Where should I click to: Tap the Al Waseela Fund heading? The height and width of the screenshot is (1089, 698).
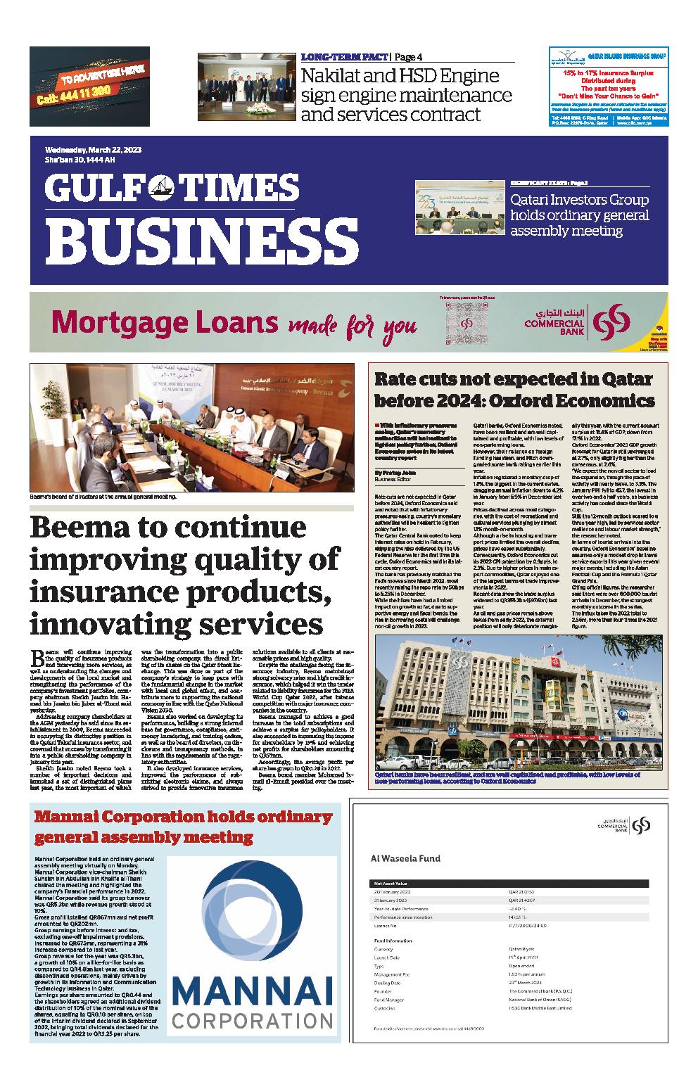tap(405, 858)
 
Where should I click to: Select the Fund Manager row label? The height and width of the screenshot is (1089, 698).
tap(389, 999)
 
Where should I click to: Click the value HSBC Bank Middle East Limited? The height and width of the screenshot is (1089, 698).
tap(546, 1008)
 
